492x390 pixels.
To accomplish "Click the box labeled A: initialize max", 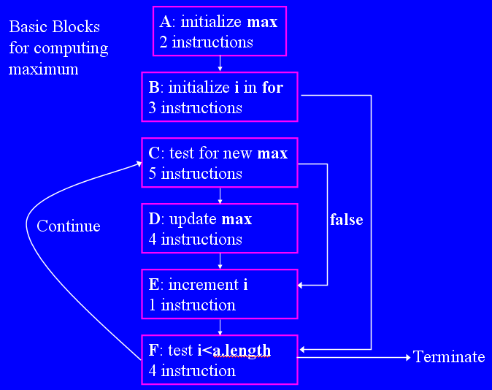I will click(220, 31).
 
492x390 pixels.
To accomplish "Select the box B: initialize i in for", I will click(220, 97).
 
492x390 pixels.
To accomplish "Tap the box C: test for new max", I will click(220, 163).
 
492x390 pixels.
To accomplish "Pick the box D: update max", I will click(220, 229).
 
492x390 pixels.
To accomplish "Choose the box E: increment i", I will click(220, 294).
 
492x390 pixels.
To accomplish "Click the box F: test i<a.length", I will click(220, 359).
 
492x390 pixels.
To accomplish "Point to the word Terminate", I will click(449, 357).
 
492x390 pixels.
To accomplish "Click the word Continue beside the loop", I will click(69, 226).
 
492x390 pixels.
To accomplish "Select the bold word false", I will click(346, 220).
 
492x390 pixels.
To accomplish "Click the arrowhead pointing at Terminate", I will click(407, 357).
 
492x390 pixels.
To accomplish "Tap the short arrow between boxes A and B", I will click(220, 64).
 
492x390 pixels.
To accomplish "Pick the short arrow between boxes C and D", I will click(220, 196).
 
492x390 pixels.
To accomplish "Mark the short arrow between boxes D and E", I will click(220, 261).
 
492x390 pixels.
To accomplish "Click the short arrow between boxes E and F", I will click(220, 326).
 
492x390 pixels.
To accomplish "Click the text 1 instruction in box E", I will click(193, 305).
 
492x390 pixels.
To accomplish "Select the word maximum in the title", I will click(44, 70).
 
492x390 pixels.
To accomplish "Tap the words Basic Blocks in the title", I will click(55, 28).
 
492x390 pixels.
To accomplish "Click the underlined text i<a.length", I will click(234, 351).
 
